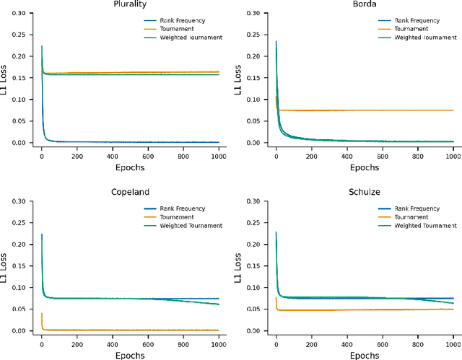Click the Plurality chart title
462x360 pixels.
point(130,5)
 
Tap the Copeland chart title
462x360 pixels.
point(130,193)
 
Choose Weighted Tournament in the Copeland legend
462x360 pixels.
point(192,225)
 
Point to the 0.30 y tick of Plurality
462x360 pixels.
point(24,13)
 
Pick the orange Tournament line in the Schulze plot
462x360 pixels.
point(361,310)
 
